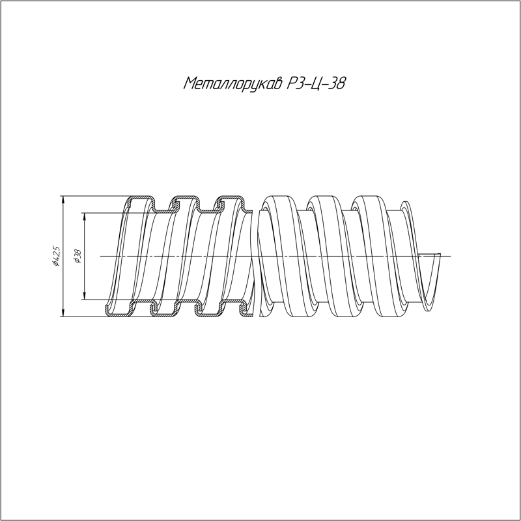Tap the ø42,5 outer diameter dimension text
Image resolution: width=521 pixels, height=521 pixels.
[x=57, y=256]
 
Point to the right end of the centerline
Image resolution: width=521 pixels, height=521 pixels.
[x=448, y=256]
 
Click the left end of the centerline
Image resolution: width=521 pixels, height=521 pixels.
[x=102, y=256]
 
